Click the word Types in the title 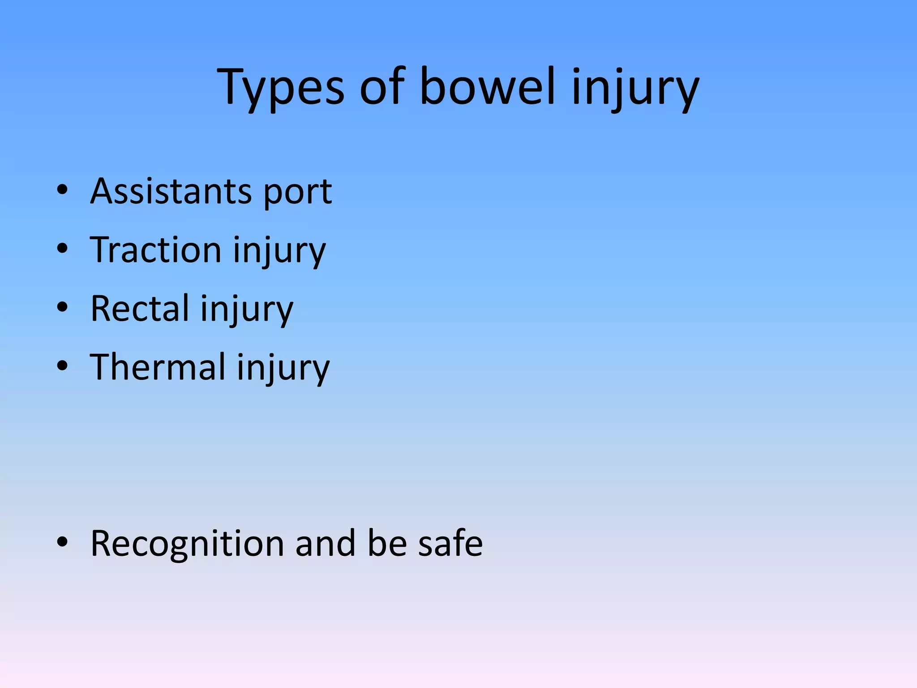pos(280,87)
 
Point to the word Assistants pos(171,191)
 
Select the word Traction pos(155,249)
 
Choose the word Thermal pos(157,367)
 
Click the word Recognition pos(187,544)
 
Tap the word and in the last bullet pos(326,543)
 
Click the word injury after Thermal pos(283,369)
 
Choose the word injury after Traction pos(279,251)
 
